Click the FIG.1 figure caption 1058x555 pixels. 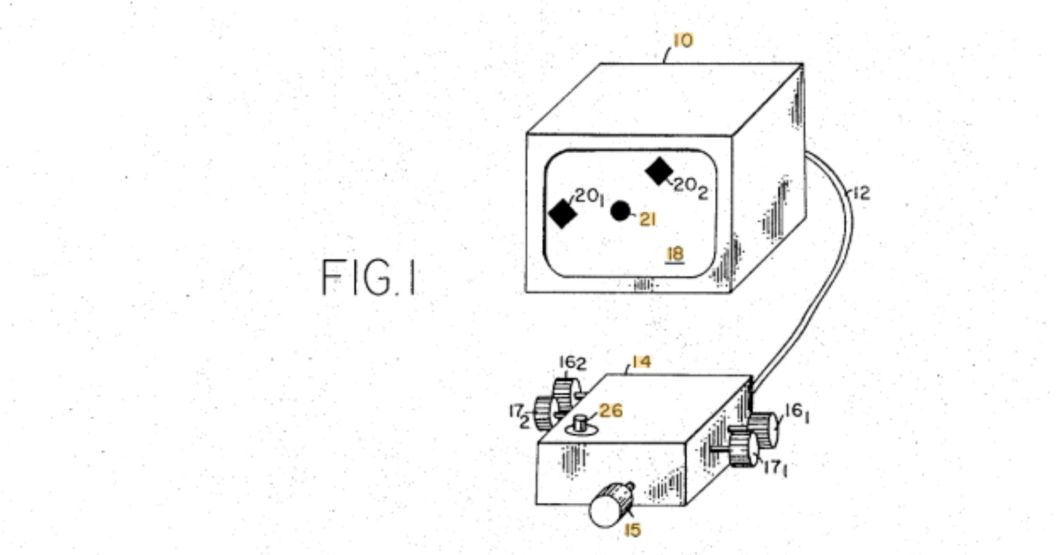click(x=369, y=277)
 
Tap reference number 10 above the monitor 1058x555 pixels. click(x=683, y=41)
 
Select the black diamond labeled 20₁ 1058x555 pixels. click(x=563, y=213)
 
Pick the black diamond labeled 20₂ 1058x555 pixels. click(x=659, y=171)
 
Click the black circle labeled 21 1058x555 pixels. click(x=620, y=211)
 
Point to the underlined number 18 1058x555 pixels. click(x=676, y=254)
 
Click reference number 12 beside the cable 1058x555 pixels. click(x=862, y=193)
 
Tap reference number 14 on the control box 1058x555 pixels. click(x=641, y=362)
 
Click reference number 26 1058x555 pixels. click(x=611, y=411)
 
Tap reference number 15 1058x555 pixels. click(x=633, y=530)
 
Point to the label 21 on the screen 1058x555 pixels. click(x=648, y=220)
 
